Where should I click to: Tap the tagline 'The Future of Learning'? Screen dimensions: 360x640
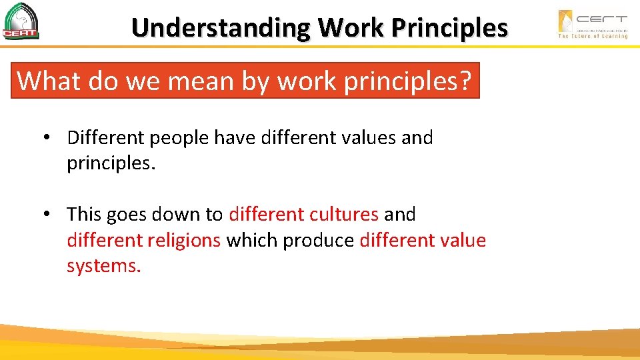(x=593, y=36)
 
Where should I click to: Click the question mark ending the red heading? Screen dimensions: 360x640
(x=465, y=81)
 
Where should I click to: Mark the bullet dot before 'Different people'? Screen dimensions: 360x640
(x=48, y=139)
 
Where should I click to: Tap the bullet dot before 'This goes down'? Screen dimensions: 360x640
(x=48, y=215)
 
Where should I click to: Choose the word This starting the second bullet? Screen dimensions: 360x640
(x=83, y=215)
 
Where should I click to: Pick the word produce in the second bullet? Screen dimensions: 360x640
(x=318, y=241)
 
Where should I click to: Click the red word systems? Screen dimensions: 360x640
(x=103, y=266)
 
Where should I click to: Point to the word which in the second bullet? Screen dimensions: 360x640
(x=252, y=240)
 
